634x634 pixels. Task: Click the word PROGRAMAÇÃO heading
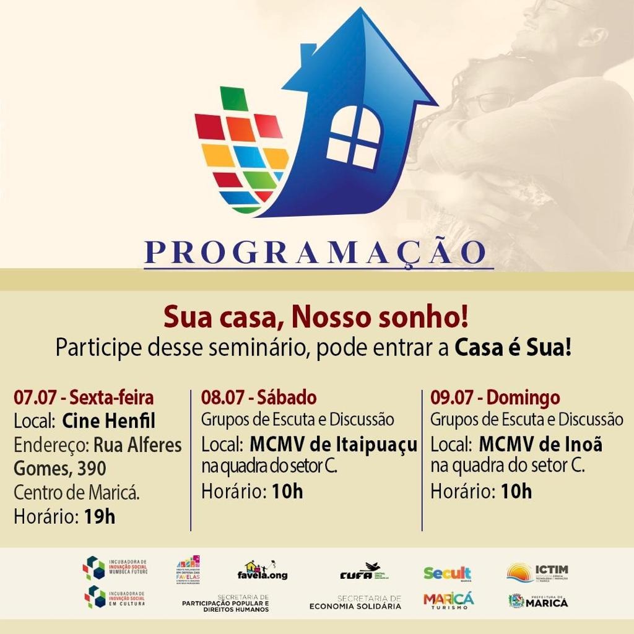point(316,252)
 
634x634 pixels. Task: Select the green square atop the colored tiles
point(233,99)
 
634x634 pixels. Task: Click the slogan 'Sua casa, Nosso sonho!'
point(316,318)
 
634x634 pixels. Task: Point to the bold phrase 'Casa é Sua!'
point(513,347)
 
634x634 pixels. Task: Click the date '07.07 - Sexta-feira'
point(84,397)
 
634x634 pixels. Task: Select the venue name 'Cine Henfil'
point(108,421)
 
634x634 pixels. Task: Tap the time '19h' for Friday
point(99,516)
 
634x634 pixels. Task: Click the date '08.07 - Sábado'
point(259,397)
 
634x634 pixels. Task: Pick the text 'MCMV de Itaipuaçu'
point(333,444)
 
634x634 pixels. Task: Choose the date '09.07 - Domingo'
point(495,397)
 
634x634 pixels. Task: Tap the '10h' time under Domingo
point(516,492)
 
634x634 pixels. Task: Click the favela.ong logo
point(263,571)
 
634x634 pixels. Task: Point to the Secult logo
point(447,573)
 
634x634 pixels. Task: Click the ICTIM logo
point(537,571)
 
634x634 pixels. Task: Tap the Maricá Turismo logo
point(448,601)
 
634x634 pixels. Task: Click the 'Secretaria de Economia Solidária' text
point(355,602)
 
